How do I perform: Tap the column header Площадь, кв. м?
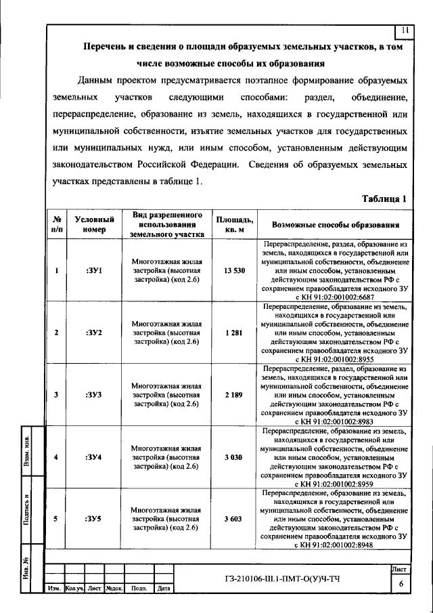pos(235,224)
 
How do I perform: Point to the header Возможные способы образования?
pos(335,225)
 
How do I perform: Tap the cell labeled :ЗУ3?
pos(94,394)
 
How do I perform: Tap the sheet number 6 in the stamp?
pos(401,584)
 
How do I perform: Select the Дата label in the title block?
pos(163,589)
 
